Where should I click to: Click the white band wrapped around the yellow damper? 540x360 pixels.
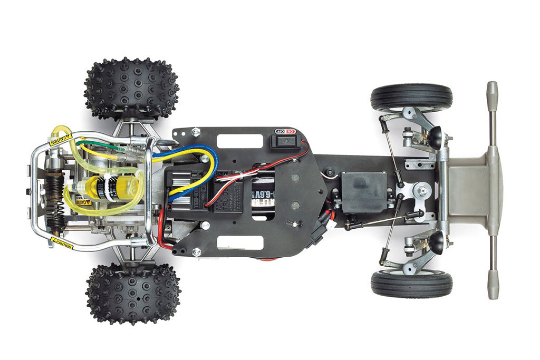coord(111,187)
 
